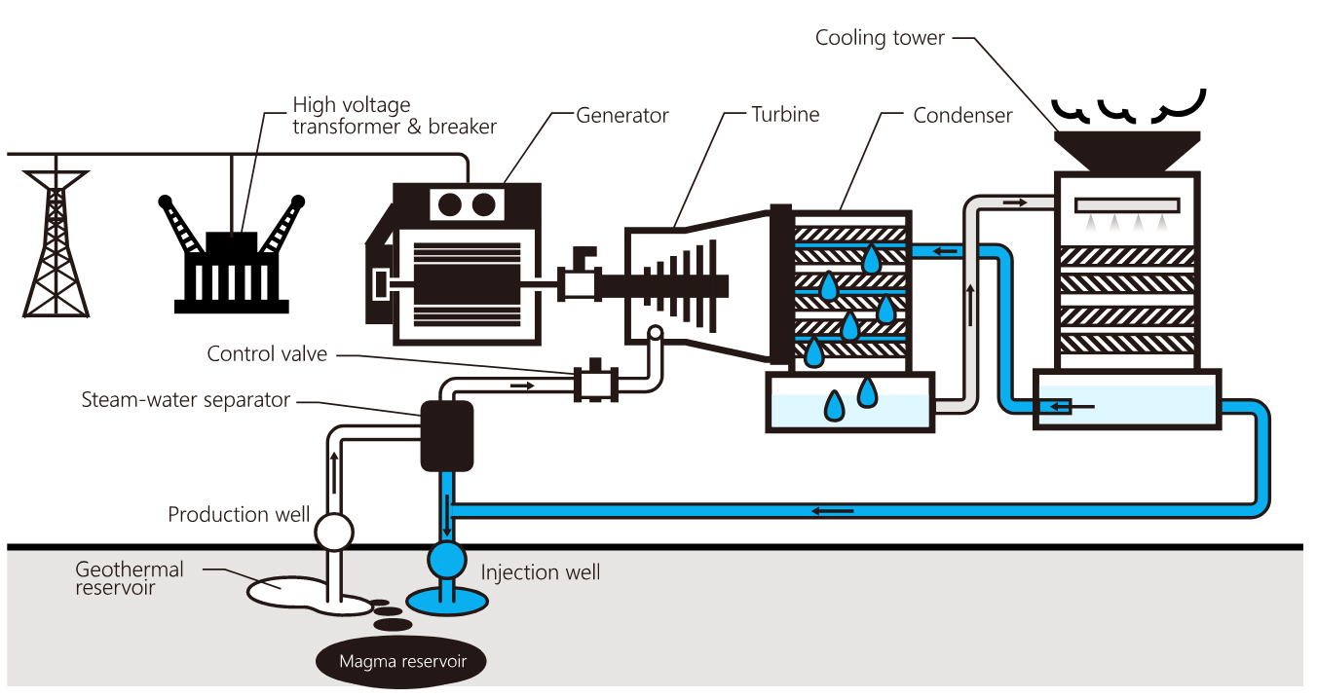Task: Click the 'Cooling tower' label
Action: pyautogui.click(x=880, y=38)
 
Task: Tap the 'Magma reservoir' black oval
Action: pyautogui.click(x=402, y=662)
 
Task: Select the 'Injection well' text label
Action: pyautogui.click(x=541, y=572)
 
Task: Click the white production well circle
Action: pyautogui.click(x=333, y=532)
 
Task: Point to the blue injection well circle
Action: pyautogui.click(x=447, y=560)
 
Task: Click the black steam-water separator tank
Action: pyautogui.click(x=446, y=435)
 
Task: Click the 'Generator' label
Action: pyautogui.click(x=622, y=115)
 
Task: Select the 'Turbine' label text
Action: pyautogui.click(x=785, y=114)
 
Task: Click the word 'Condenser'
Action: pyautogui.click(x=962, y=116)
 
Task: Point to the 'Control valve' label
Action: pyautogui.click(x=267, y=353)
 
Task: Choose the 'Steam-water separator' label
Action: pyautogui.click(x=186, y=399)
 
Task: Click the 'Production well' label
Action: pyautogui.click(x=239, y=514)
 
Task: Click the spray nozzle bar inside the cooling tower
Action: pyautogui.click(x=1127, y=205)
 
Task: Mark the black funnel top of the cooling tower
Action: pyautogui.click(x=1127, y=151)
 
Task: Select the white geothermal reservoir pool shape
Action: pyautogui.click(x=292, y=588)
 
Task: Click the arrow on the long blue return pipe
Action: pyautogui.click(x=834, y=509)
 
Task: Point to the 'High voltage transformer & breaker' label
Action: pyautogui.click(x=395, y=115)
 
